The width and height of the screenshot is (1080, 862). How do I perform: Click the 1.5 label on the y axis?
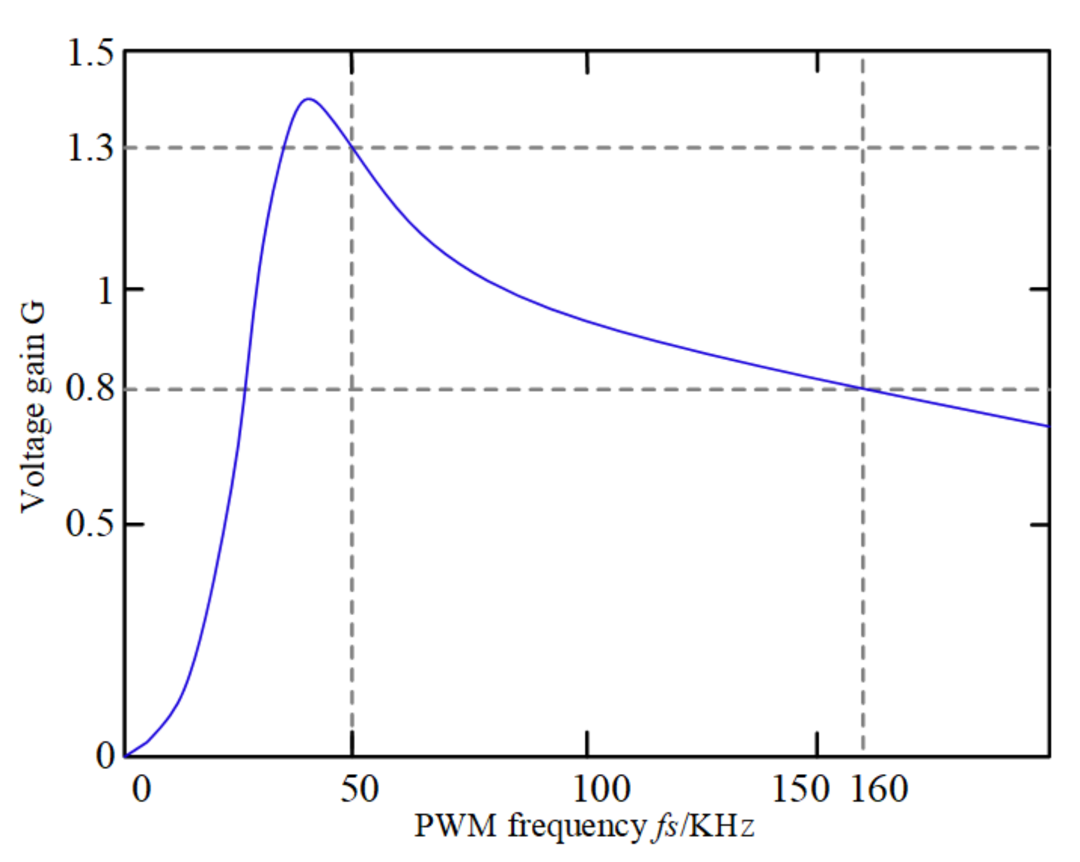[x=90, y=54]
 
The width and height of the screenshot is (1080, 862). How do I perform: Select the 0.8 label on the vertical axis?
[x=90, y=390]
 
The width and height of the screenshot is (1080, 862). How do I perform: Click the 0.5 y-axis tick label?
[x=90, y=524]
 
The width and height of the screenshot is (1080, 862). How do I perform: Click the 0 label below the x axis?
[x=142, y=789]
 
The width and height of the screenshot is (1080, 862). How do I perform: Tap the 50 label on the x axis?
[x=359, y=789]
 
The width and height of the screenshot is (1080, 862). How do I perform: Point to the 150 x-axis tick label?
[x=800, y=789]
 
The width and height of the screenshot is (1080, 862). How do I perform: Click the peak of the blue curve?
[x=308, y=99]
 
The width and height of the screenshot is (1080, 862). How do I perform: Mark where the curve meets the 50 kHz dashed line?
[x=352, y=147]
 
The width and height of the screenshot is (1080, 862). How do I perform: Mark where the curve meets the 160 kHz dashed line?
[x=863, y=389]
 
